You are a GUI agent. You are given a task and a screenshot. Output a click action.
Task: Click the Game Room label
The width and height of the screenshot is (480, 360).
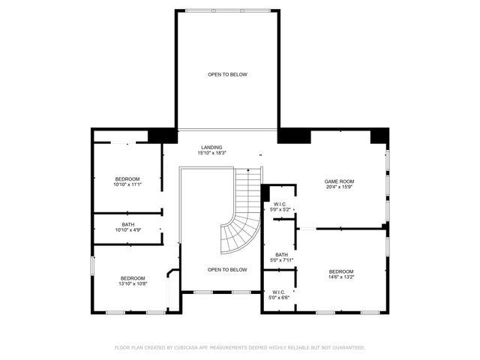pos(339,181)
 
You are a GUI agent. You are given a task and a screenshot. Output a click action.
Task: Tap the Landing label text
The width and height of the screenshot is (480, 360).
pos(211,147)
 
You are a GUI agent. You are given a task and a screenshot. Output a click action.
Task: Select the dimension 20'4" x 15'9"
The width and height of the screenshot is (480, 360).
pos(339,187)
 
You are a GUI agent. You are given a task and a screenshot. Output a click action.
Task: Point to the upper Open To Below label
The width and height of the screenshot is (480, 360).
pos(227,74)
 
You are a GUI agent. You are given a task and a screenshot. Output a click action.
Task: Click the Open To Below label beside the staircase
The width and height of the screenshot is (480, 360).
pos(227,269)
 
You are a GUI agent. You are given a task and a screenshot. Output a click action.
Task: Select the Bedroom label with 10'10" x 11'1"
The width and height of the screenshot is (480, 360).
pos(127,178)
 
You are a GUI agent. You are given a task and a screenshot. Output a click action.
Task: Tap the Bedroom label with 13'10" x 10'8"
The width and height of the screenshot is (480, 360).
pos(133,278)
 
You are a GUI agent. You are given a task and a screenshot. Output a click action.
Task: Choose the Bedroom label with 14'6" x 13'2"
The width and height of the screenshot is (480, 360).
pos(340,271)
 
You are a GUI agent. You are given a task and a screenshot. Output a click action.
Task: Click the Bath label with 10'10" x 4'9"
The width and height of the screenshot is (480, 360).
pos(127,224)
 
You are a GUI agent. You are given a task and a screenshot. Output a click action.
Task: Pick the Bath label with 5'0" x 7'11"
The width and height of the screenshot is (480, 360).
pos(281,255)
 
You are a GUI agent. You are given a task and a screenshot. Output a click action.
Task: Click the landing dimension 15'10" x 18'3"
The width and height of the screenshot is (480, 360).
pos(211,153)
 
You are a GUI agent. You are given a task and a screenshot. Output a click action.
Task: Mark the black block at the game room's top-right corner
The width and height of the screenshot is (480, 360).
pos(380,136)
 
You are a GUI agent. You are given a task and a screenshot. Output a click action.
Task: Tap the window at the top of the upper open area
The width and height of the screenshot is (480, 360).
pos(226,10)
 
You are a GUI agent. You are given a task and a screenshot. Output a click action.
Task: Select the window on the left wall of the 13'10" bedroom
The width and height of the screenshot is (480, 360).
pos(92,266)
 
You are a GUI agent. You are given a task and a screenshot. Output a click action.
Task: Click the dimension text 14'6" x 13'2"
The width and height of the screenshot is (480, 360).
pos(340,277)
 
